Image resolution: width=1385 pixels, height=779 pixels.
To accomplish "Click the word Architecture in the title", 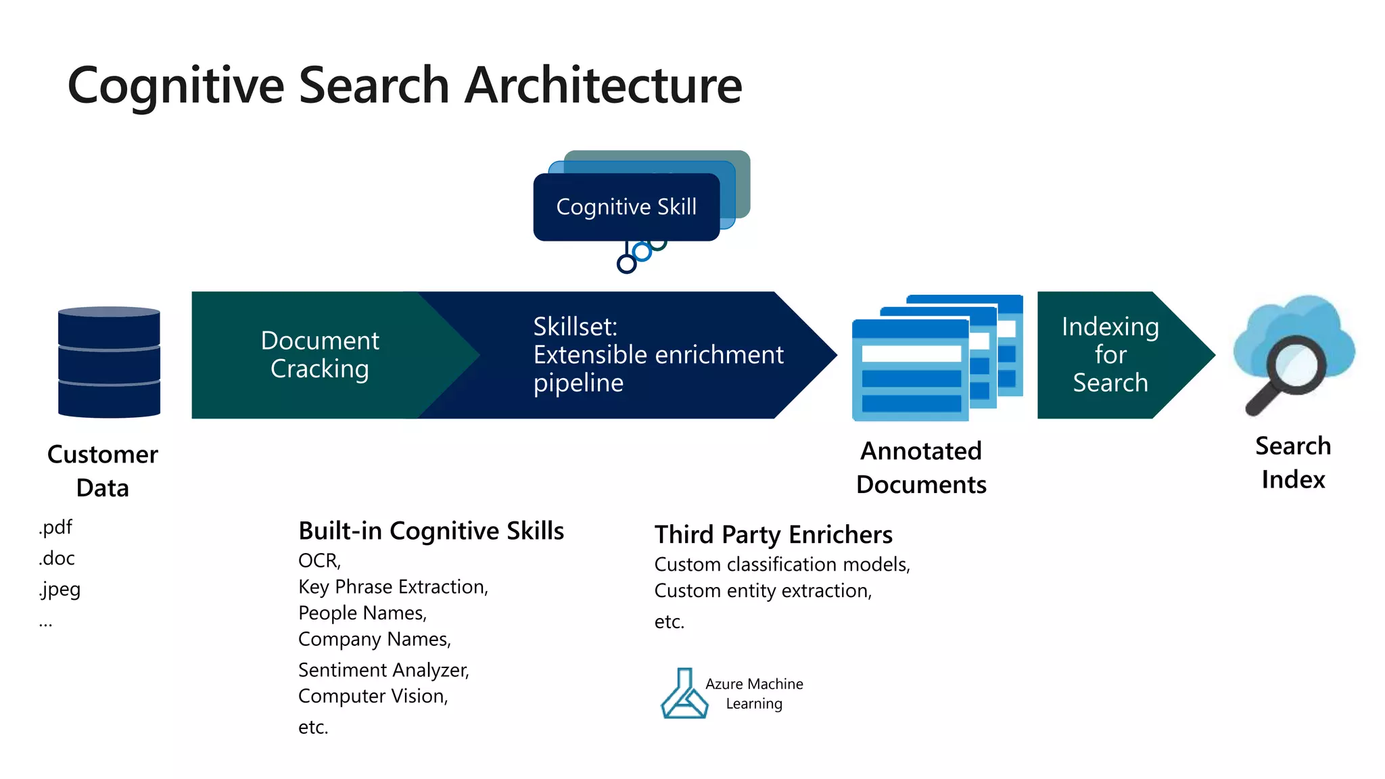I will click(x=603, y=87).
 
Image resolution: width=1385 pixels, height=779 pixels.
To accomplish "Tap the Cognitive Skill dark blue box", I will click(x=626, y=207).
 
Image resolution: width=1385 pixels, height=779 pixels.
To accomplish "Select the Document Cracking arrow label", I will click(x=320, y=355).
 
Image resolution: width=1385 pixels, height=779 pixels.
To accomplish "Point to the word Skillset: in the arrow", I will click(x=575, y=327).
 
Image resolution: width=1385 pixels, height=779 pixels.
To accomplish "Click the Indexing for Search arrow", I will click(x=1110, y=355).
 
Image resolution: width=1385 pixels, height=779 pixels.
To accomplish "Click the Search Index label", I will click(x=1293, y=463).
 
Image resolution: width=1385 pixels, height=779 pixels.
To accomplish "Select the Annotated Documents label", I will click(x=921, y=467).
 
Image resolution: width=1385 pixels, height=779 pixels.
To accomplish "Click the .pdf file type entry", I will click(x=55, y=527).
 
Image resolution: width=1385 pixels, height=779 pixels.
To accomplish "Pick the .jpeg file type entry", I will click(x=60, y=589).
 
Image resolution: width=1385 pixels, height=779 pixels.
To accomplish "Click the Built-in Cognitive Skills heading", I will click(x=431, y=531).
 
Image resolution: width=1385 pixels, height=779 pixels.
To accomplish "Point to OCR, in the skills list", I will click(x=319, y=561).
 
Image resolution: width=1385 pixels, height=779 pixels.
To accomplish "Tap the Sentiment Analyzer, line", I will click(x=383, y=670).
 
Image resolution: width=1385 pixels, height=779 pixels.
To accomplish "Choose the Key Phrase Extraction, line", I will click(x=393, y=587).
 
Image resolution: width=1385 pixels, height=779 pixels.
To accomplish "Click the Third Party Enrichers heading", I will click(x=773, y=535).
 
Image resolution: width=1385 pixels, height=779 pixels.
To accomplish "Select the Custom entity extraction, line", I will click(x=763, y=591).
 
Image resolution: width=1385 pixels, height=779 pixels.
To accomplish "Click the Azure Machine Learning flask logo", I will click(x=684, y=694).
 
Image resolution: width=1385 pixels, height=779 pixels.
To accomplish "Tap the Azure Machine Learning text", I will click(x=754, y=694).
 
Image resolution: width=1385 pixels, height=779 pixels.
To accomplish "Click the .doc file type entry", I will click(x=57, y=559).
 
